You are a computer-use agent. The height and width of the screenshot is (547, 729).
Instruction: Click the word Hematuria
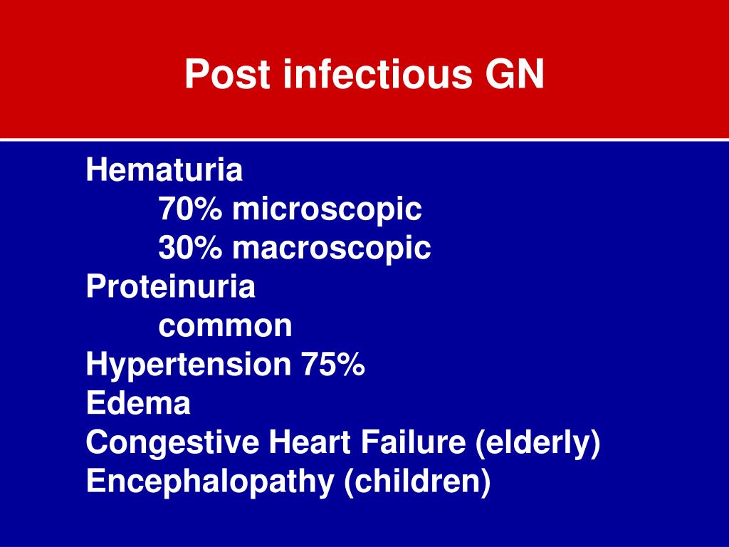click(164, 171)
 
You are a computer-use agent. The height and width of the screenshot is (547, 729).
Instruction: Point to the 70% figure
click(189, 210)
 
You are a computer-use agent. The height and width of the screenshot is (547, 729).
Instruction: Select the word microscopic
click(327, 210)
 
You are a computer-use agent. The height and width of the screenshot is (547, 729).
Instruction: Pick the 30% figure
click(189, 249)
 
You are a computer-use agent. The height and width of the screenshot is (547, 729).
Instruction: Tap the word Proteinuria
click(170, 287)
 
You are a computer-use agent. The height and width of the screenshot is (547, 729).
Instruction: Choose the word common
click(225, 326)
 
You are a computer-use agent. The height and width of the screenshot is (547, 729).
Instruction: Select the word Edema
click(138, 404)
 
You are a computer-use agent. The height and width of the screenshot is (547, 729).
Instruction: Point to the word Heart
click(310, 443)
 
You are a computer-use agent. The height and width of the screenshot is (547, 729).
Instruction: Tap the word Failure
click(413, 443)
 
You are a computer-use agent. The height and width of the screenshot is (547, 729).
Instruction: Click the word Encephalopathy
click(209, 482)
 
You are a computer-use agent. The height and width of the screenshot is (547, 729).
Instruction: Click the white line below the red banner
click(364, 140)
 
